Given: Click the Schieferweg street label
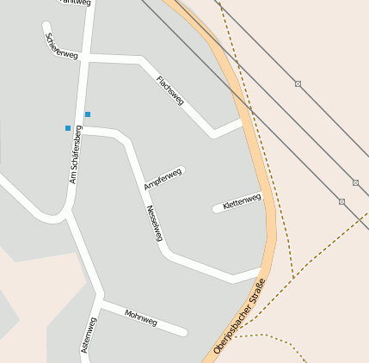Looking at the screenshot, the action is (62, 46).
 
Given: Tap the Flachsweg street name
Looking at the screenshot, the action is (169, 90).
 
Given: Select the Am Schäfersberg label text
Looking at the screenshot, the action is (75, 155).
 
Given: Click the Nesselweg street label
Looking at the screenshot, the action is (154, 223).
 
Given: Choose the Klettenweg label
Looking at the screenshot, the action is (241, 202).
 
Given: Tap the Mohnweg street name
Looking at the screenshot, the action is (141, 317).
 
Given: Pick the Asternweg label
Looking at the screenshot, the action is (88, 335).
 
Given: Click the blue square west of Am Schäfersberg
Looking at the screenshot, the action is (68, 128).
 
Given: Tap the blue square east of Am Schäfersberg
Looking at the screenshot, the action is (88, 114).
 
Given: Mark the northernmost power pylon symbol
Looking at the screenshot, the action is (298, 83).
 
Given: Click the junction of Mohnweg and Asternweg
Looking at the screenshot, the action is (101, 305).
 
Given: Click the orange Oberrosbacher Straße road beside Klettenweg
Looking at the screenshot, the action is (269, 195).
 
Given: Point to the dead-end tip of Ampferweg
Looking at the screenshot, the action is (181, 170).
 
